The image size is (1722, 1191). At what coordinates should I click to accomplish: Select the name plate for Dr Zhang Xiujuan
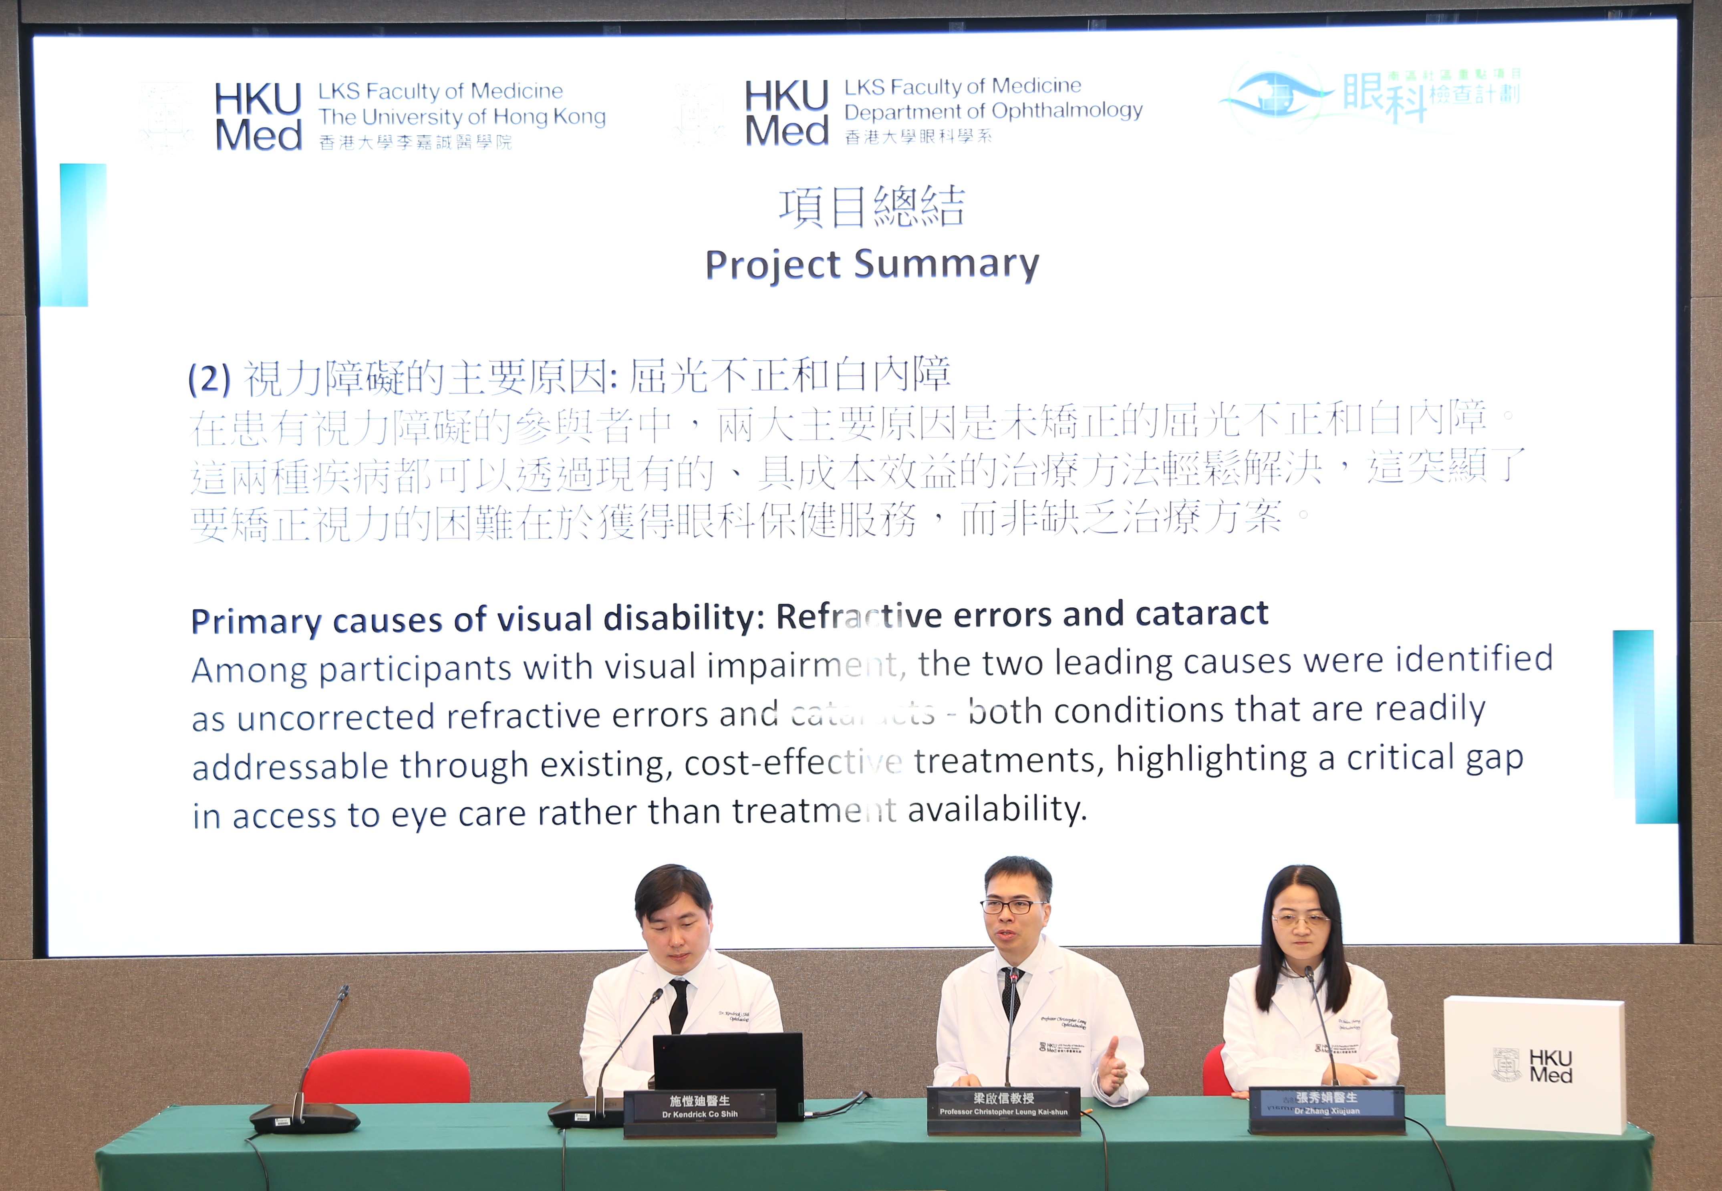(x=1326, y=1105)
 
